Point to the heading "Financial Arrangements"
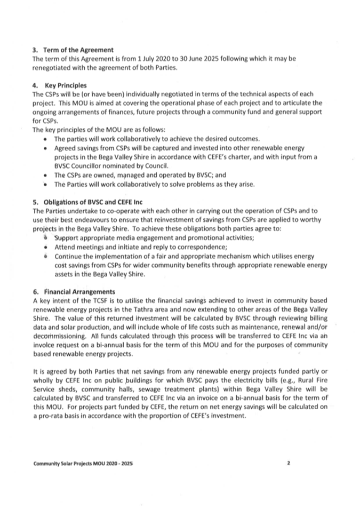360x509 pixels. pos(79,291)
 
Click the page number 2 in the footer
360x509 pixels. pos(288,464)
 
